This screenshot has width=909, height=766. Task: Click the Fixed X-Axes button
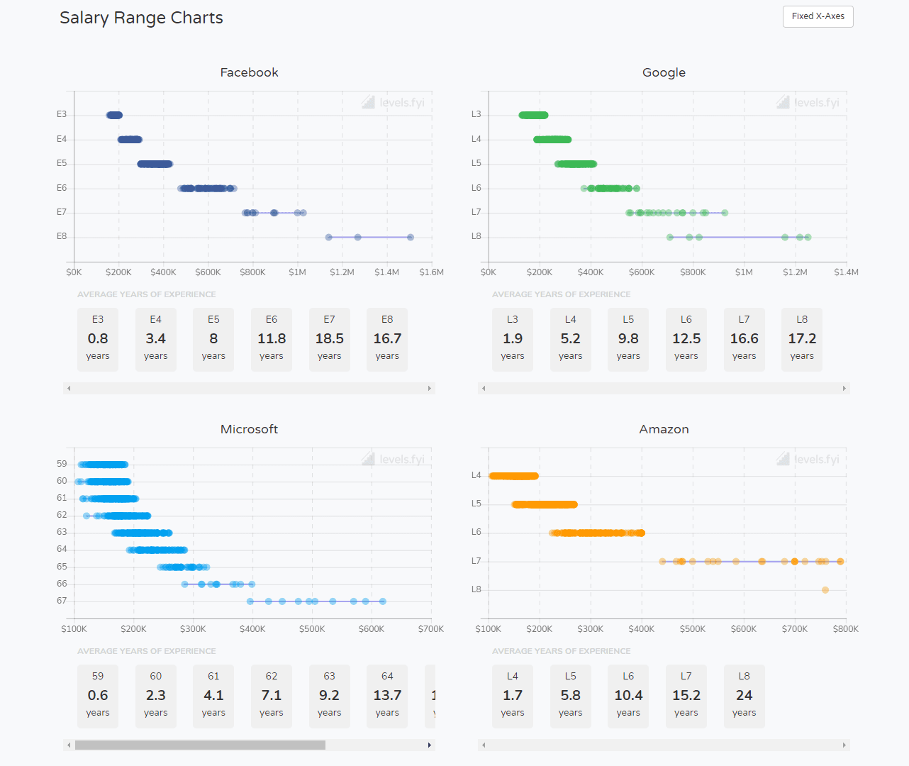818,16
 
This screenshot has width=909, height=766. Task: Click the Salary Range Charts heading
141,18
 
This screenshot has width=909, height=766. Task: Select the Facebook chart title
249,72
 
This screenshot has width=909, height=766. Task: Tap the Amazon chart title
664,429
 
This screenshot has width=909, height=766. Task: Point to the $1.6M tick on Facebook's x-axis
431,272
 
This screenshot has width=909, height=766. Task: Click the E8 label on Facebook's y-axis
62,236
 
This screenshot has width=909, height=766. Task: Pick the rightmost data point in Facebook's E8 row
411,238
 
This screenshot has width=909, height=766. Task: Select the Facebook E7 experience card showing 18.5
329,338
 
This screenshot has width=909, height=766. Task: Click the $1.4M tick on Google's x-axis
846,272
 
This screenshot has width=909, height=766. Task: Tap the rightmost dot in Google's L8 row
808,238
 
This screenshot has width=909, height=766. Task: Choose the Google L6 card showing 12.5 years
686,338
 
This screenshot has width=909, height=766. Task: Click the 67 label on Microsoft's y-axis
62,601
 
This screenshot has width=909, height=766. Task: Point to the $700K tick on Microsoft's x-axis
430,629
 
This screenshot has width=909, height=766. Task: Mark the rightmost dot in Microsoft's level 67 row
383,601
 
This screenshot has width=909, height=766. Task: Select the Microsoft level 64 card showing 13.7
387,695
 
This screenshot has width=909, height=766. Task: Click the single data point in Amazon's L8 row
825,590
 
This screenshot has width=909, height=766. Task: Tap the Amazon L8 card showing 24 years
744,695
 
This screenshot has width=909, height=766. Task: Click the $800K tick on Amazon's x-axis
845,629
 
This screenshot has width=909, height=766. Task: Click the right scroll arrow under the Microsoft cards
429,745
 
